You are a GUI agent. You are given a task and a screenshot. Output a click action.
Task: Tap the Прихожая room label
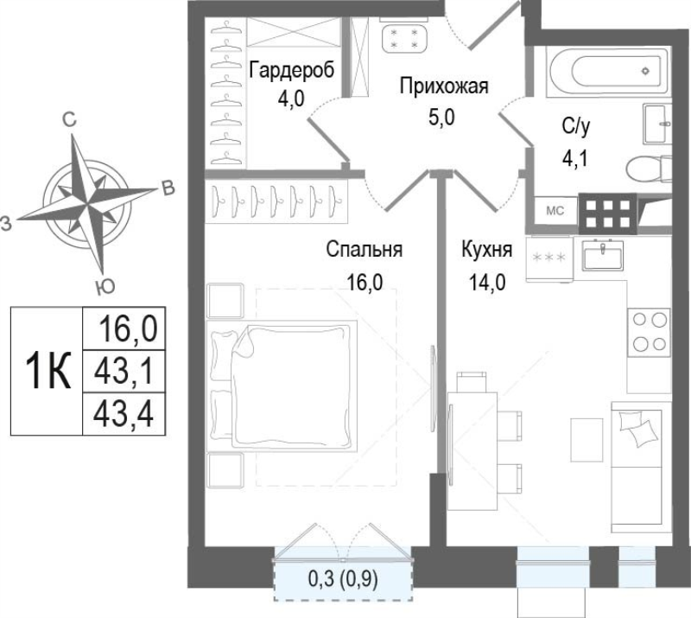(x=443, y=86)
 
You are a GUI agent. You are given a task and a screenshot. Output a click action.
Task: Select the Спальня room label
(x=365, y=251)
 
